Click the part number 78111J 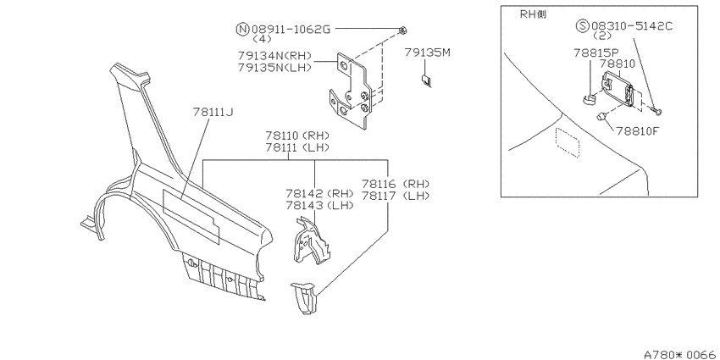(213, 112)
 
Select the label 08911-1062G (291, 30)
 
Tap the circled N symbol (242, 30)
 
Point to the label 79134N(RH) (274, 56)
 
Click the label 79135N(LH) (274, 67)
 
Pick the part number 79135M (428, 53)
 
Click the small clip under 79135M (426, 80)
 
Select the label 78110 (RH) (297, 136)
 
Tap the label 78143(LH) (319, 205)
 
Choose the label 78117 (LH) (396, 196)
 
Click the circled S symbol (582, 25)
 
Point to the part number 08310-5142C (632, 25)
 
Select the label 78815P (596, 53)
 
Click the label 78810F (636, 131)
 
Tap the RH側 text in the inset (533, 14)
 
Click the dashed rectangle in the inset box (568, 142)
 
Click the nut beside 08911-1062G (402, 30)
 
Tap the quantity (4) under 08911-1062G (263, 39)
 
